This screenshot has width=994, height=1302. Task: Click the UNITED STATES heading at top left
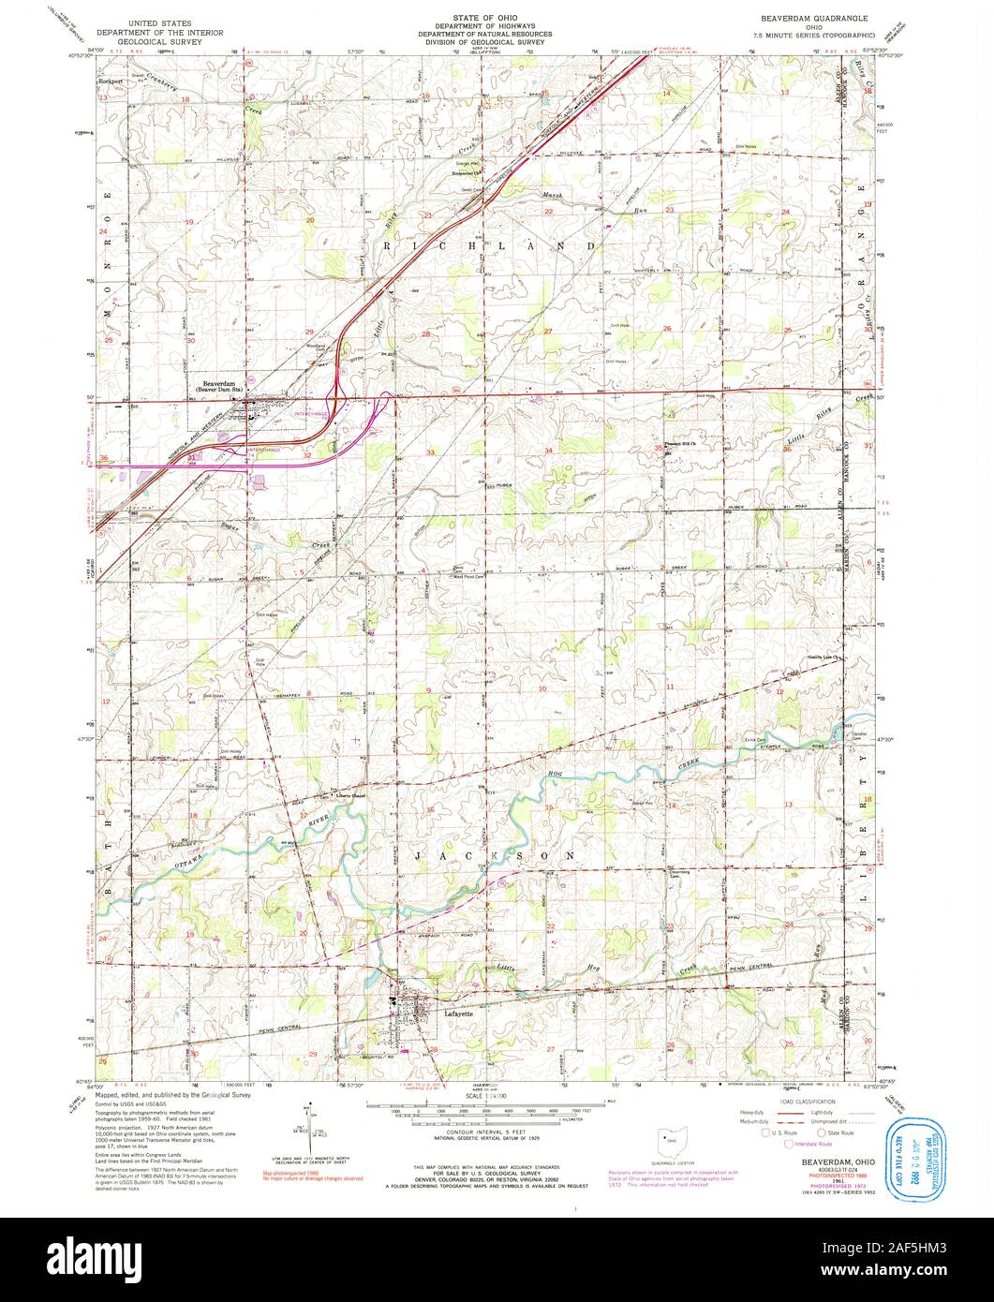click(166, 21)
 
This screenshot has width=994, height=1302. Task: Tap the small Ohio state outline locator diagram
click(670, 1140)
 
